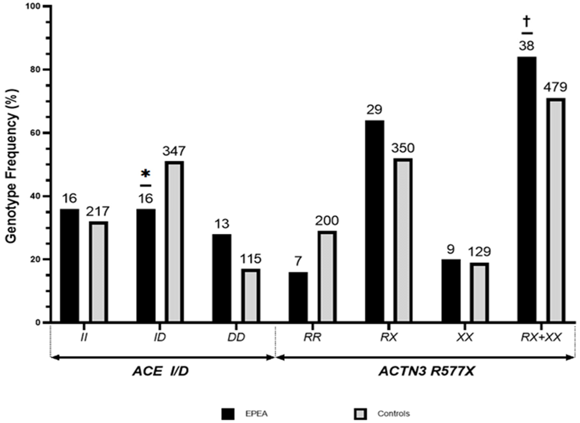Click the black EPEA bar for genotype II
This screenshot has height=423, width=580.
69,266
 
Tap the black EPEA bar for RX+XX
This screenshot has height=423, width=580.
527,189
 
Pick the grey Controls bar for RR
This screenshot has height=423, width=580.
327,277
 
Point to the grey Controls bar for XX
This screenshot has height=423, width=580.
479,292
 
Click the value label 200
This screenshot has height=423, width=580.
327,221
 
